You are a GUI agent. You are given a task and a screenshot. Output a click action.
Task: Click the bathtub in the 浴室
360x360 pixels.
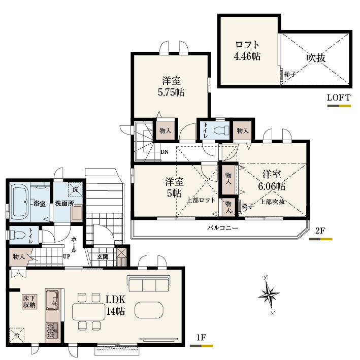point(20,202)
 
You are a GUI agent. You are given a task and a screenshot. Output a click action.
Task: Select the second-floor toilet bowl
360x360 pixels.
point(221,130)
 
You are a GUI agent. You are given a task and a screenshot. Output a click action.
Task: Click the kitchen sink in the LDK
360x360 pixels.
point(52,300)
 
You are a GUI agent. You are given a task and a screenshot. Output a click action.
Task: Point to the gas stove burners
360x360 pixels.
point(52,331)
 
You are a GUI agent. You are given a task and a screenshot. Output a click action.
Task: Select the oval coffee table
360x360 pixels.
point(149,310)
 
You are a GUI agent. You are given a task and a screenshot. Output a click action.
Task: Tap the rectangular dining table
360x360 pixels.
point(89,312)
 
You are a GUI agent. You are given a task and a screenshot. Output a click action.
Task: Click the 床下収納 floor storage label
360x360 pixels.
point(29,302)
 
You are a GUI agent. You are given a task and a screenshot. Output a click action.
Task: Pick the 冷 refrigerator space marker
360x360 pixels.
point(17,335)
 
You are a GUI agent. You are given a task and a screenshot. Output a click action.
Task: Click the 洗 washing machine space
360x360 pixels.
point(75,189)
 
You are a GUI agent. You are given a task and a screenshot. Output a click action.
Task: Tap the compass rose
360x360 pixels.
point(269,294)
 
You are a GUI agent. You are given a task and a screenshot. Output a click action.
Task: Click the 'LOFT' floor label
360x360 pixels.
point(339,97)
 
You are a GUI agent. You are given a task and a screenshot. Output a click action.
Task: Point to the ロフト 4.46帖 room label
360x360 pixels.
point(247,50)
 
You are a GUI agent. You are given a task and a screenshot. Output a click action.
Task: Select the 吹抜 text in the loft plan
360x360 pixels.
point(316,58)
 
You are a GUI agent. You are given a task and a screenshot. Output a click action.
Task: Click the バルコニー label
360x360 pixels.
point(222,228)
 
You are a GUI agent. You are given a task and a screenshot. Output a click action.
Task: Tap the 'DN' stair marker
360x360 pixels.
point(165,152)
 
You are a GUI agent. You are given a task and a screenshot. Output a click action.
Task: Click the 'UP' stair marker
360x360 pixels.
point(67,256)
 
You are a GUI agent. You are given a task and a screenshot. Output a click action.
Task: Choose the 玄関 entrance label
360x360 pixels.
point(103,256)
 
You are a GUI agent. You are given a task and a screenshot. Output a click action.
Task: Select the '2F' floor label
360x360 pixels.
point(320,231)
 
